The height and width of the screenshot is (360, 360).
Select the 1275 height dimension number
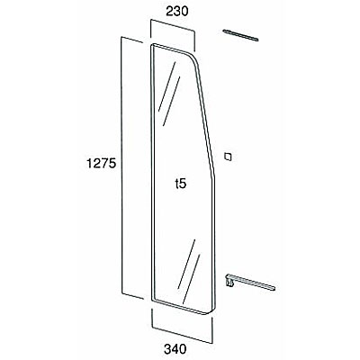[x=101, y=164]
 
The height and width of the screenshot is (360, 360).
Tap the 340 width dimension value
[x=175, y=349]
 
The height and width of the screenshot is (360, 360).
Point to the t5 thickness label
[x=181, y=184]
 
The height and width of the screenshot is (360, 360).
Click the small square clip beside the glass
[x=229, y=157]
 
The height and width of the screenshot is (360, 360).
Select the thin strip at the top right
[x=240, y=35]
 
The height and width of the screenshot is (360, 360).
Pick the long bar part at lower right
[x=250, y=282]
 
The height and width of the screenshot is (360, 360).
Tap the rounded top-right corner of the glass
[x=194, y=58]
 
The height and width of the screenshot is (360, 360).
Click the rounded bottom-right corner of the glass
[x=211, y=310]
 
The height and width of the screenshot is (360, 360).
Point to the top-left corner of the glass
[x=152, y=45]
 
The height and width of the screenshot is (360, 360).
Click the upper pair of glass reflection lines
[x=169, y=94]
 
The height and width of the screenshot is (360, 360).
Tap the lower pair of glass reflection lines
[x=188, y=271]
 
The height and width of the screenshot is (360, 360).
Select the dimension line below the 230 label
[x=173, y=25]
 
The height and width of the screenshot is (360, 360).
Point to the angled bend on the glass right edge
[x=213, y=174]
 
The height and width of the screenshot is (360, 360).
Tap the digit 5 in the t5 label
[x=183, y=184]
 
